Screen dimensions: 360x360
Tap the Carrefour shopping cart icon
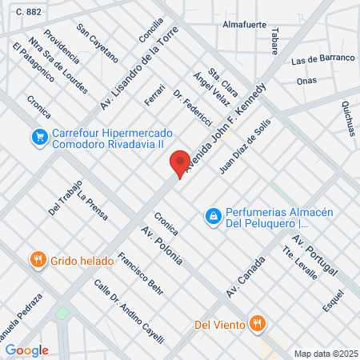(x=38, y=138)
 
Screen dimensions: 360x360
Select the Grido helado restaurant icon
(x=37, y=260)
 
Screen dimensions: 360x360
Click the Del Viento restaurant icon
(x=257, y=324)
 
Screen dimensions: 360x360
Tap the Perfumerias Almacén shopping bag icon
(x=213, y=216)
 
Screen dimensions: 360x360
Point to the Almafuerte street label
(x=243, y=25)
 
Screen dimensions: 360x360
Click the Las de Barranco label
(x=322, y=59)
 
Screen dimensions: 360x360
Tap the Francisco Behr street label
(x=140, y=274)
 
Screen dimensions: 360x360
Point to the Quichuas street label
(x=350, y=118)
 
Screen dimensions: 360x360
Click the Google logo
(x=26, y=350)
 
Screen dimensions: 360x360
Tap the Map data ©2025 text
(x=323, y=354)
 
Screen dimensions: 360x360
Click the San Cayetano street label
(x=98, y=43)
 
